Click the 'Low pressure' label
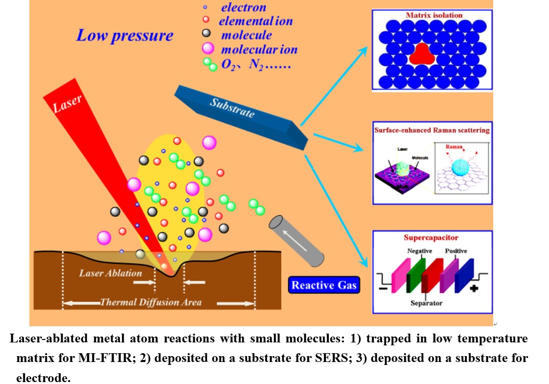click(124, 36)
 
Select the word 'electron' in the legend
click(244, 7)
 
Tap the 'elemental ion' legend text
click(255, 21)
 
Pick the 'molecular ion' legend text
click(259, 49)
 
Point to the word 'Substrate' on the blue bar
click(232, 108)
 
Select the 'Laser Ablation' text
click(111, 273)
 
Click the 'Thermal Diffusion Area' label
click(151, 302)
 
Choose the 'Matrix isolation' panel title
click(434, 15)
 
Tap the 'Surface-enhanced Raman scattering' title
click(432, 131)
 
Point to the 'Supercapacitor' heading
click(431, 238)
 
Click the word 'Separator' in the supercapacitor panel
click(426, 303)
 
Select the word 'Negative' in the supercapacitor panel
click(420, 251)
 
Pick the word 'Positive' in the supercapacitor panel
click(456, 251)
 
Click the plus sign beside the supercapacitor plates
click(474, 288)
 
